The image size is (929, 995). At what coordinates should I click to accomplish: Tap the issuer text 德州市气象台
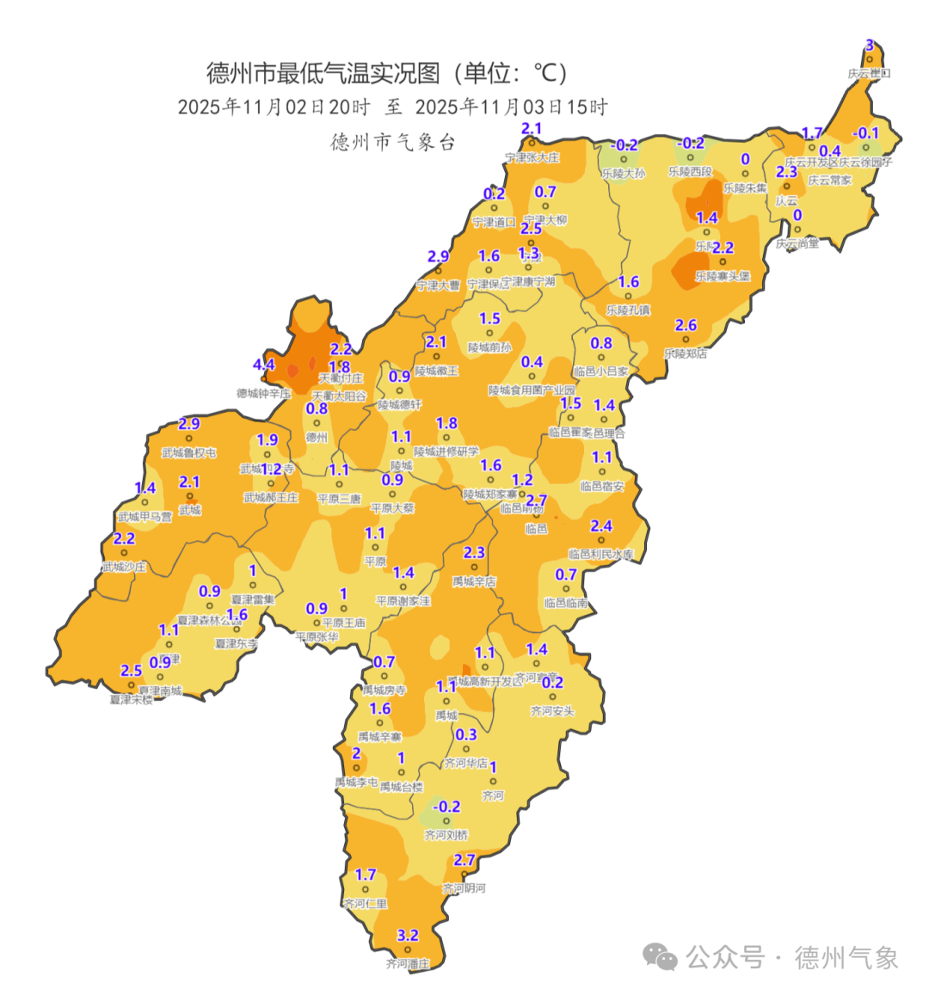point(392,142)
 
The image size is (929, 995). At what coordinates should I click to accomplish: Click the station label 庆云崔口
point(869,74)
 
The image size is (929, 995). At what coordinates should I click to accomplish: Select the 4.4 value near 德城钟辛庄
point(263,365)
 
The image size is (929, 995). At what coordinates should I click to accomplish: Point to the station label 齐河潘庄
point(407,964)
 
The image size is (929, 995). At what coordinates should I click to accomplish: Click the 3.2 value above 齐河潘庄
point(408,935)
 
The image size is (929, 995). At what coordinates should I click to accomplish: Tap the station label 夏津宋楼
point(131,700)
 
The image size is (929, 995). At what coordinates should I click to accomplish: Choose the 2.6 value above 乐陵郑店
point(686,325)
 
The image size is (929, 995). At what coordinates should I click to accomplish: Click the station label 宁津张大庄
point(532,157)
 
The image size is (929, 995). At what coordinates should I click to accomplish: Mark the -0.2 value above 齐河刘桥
point(446,807)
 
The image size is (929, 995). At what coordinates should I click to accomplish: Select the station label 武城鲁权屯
point(188,452)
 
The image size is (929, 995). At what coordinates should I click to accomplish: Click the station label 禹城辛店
point(474,582)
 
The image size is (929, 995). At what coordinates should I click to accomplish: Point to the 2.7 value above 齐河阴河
point(464,860)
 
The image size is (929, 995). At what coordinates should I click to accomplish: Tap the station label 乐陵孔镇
point(628,310)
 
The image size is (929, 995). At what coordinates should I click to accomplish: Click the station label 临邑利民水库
point(600,555)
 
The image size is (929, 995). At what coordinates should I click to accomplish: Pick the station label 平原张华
point(317,637)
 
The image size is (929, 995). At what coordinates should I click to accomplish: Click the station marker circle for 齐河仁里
point(365,889)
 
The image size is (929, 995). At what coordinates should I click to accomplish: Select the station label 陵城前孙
point(489,347)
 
